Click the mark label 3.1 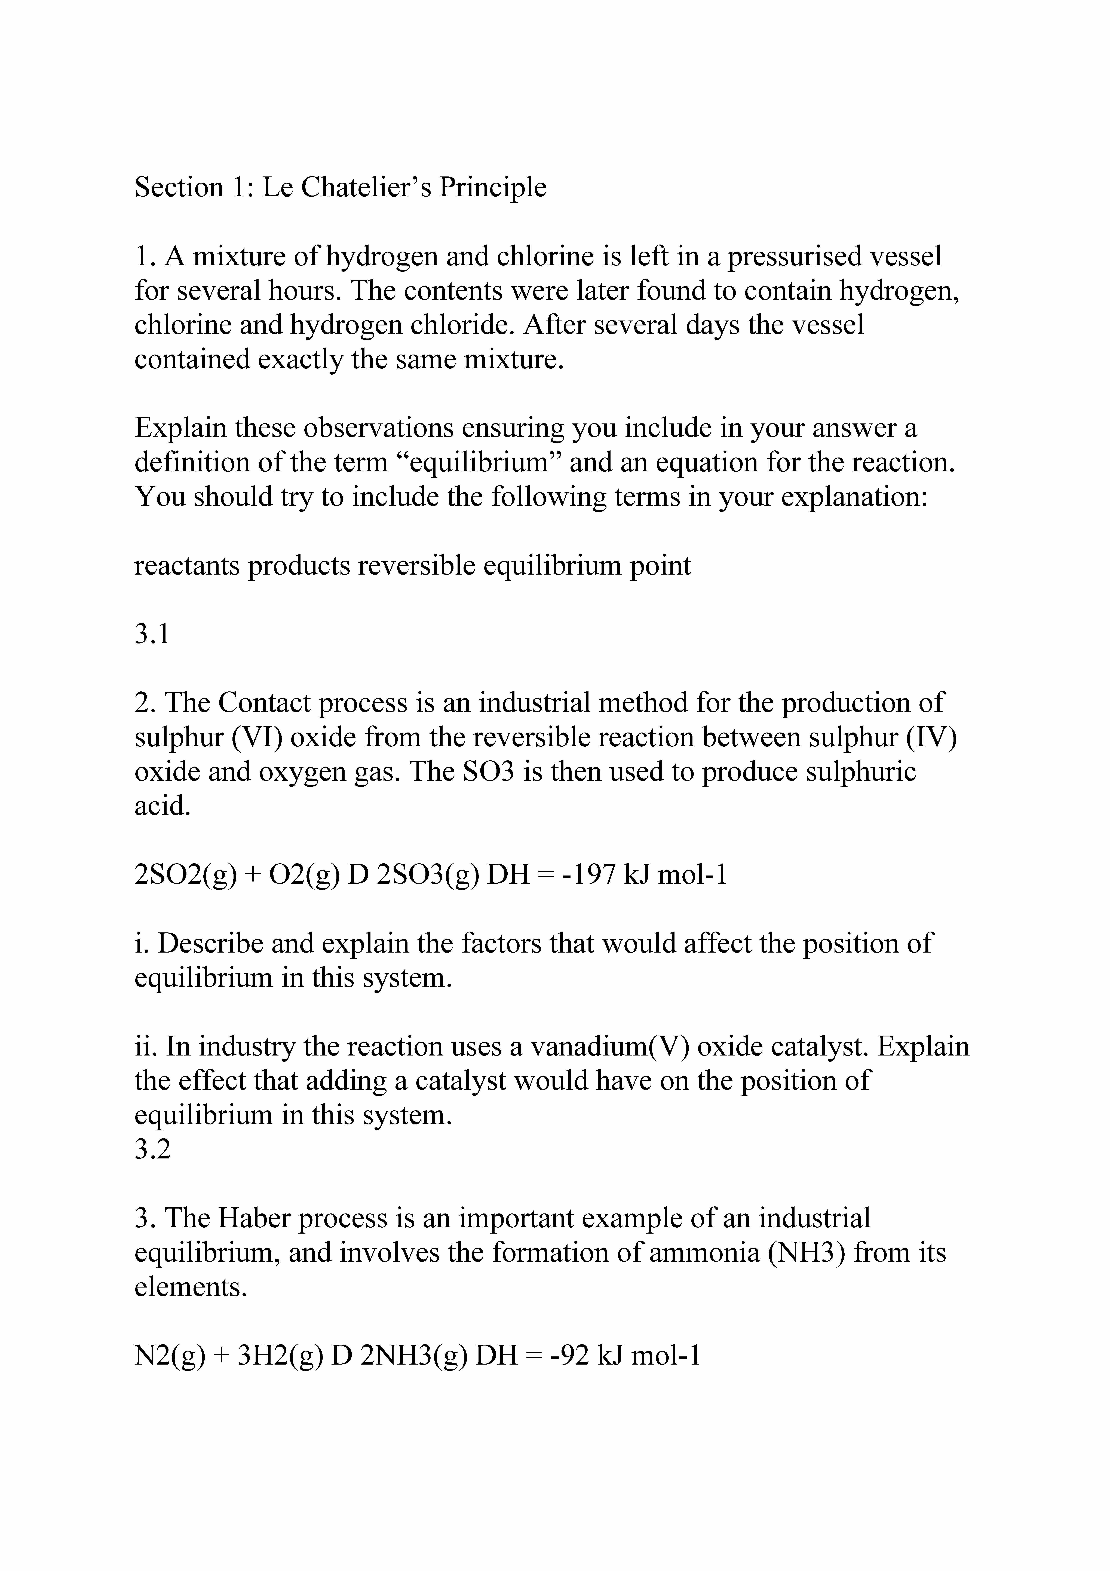point(151,635)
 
